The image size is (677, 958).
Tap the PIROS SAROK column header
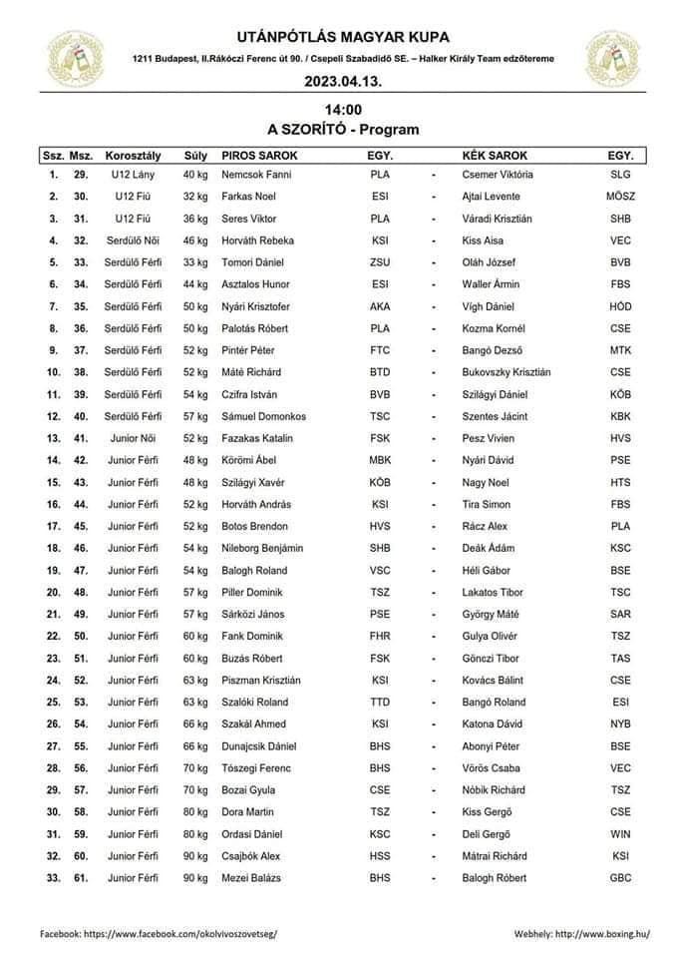click(259, 156)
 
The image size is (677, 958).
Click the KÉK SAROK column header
click(496, 156)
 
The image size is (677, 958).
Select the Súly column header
click(195, 156)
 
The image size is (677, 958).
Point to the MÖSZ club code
click(619, 197)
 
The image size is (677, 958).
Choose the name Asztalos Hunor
click(250, 284)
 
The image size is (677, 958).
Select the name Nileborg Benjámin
click(262, 548)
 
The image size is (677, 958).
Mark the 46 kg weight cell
click(195, 240)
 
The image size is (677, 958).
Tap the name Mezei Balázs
click(249, 877)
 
